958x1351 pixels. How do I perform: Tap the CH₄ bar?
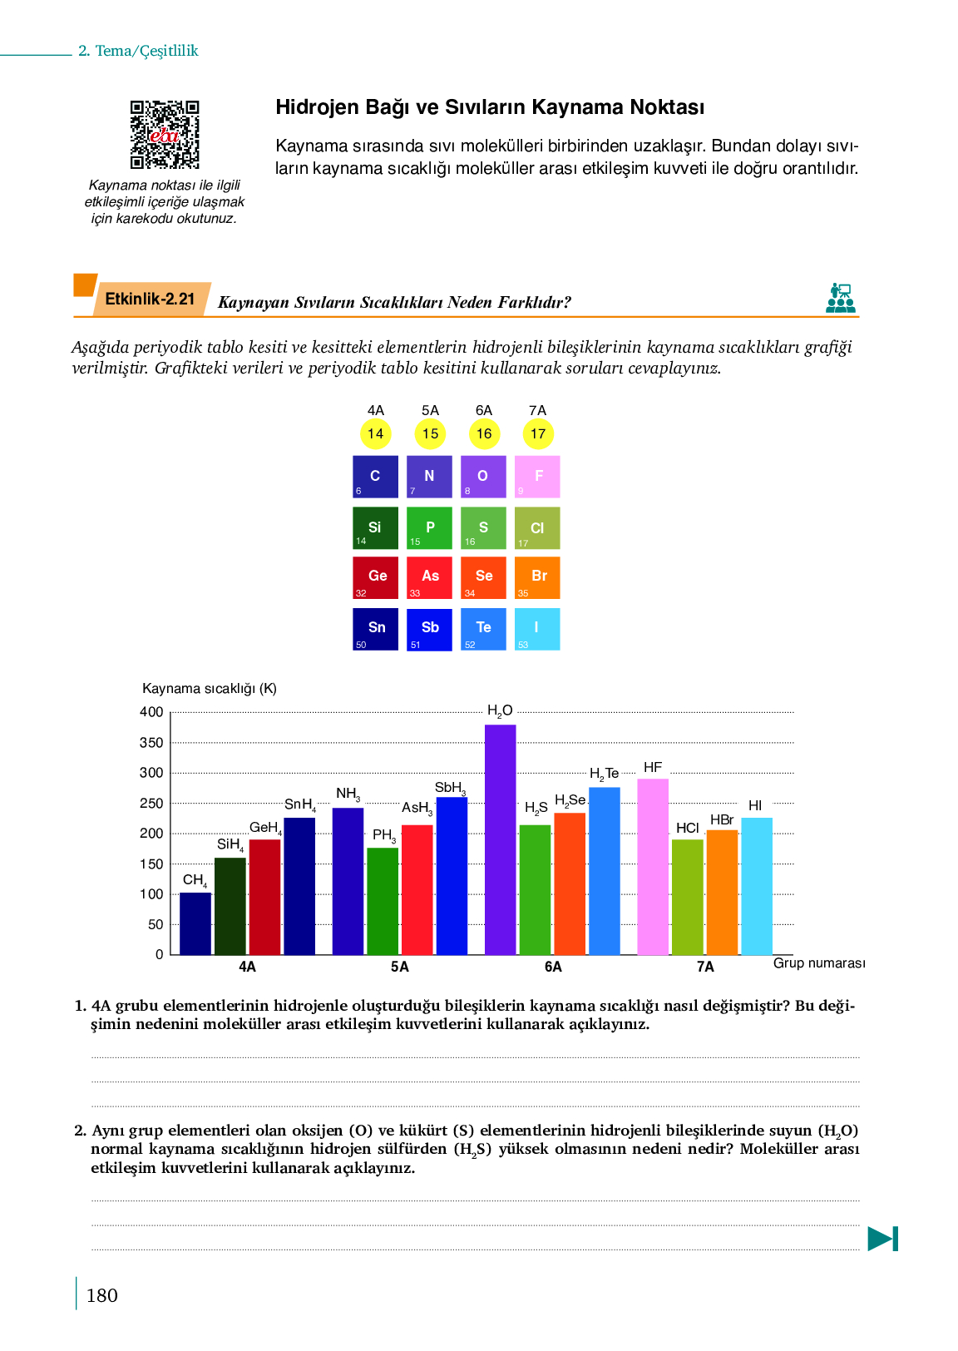(195, 923)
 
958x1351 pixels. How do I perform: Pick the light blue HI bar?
(757, 885)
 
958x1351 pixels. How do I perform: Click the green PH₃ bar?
(383, 900)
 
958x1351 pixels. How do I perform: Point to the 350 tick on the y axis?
(151, 743)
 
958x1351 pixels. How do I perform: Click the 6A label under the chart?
(553, 967)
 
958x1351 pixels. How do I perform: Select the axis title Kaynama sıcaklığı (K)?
(210, 689)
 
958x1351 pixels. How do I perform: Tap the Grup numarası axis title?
(819, 963)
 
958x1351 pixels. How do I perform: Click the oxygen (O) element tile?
(483, 477)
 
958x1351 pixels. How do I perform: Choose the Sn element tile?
(376, 629)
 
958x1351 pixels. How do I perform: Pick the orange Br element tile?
(537, 577)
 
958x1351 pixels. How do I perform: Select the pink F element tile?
(537, 477)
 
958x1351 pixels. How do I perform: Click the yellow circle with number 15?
(430, 433)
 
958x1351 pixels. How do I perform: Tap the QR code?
(165, 135)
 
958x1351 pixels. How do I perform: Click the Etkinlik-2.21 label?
(150, 299)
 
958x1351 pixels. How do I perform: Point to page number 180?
(102, 1295)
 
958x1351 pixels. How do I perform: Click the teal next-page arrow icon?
(882, 1239)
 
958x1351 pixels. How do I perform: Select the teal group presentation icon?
(841, 298)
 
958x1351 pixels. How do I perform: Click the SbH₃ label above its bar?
(450, 788)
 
